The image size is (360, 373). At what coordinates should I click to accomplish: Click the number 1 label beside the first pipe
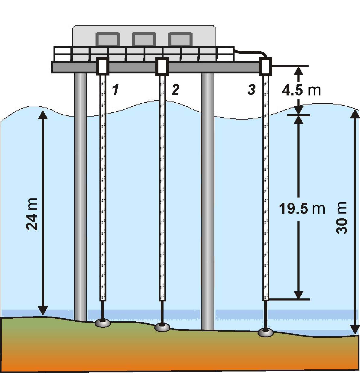tap(115, 90)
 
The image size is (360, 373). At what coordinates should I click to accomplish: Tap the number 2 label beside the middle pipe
tap(175, 90)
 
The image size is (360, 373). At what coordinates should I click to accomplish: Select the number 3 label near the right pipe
tap(251, 90)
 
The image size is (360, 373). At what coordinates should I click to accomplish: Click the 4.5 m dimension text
tap(301, 90)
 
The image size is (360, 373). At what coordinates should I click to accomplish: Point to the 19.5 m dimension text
tap(302, 208)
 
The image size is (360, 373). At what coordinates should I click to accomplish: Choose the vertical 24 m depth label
tap(32, 214)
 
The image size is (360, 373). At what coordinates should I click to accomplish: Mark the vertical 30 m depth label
tap(342, 217)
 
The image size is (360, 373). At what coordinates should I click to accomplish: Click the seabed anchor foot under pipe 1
tap(103, 323)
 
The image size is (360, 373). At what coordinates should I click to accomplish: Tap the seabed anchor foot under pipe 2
tap(162, 327)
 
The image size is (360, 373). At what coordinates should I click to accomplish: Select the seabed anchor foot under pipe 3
tap(266, 333)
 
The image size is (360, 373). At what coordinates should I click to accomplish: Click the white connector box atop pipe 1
tap(102, 66)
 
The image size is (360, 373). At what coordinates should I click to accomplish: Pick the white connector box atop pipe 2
tap(162, 66)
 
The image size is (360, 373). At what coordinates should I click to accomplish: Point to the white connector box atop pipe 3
tap(266, 66)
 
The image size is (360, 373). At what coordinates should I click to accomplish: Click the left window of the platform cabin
tap(108, 39)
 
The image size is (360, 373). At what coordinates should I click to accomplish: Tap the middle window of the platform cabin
tap(144, 39)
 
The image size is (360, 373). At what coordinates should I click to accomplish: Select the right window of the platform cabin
tap(180, 39)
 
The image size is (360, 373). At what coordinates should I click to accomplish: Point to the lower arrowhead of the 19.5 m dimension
tap(298, 295)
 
